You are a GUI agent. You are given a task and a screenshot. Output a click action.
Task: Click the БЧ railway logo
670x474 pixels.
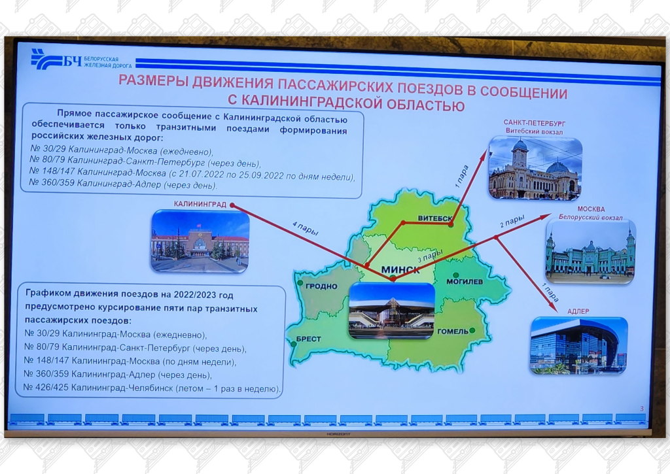(56, 61)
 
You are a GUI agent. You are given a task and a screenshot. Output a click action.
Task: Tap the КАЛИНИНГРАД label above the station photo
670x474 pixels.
(200, 204)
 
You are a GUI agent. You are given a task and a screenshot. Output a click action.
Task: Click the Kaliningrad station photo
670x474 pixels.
(200, 241)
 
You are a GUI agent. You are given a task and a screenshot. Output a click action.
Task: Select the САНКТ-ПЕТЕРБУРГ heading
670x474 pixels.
(534, 122)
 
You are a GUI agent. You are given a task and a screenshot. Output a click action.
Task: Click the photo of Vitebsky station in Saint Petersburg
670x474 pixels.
(535, 168)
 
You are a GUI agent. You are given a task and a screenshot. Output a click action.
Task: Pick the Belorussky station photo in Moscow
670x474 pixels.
(590, 252)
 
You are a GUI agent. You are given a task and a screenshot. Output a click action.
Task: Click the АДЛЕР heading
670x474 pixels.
(578, 310)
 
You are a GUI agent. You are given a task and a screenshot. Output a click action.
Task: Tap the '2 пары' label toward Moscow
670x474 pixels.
(512, 223)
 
